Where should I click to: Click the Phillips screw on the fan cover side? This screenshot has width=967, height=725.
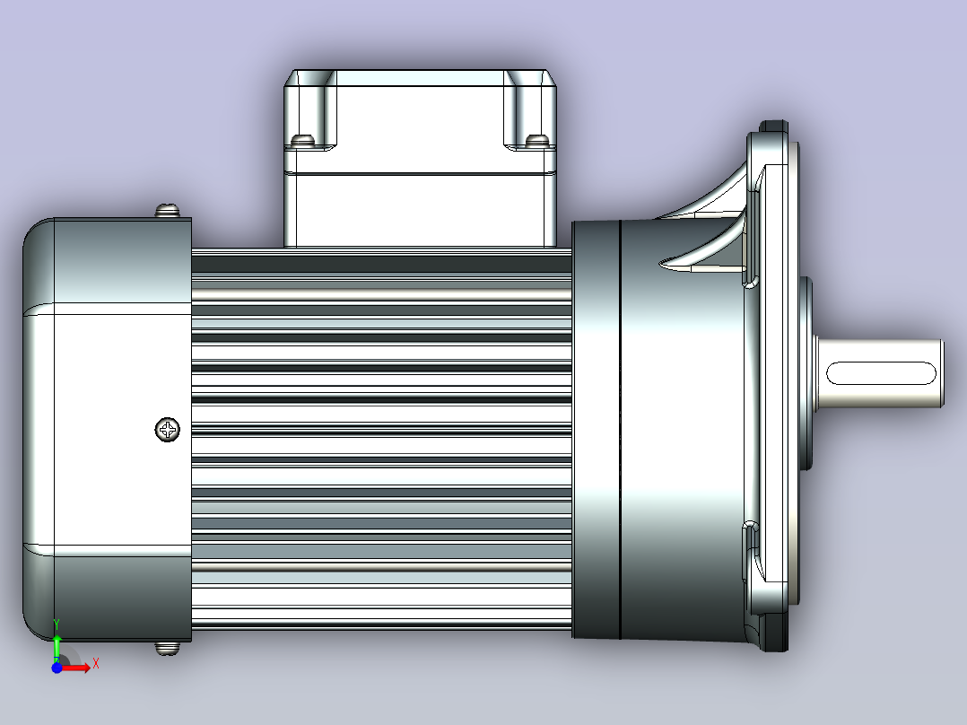167,430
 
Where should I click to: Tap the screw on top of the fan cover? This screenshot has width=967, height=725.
167,210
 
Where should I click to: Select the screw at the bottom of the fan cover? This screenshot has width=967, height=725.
167,648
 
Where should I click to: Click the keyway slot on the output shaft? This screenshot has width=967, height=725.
881,373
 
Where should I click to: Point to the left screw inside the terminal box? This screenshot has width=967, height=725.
302,141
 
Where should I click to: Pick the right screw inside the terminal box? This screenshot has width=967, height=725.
537,141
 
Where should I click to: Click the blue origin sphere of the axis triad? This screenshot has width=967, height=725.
57,668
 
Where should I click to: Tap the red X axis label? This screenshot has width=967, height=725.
96,664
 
